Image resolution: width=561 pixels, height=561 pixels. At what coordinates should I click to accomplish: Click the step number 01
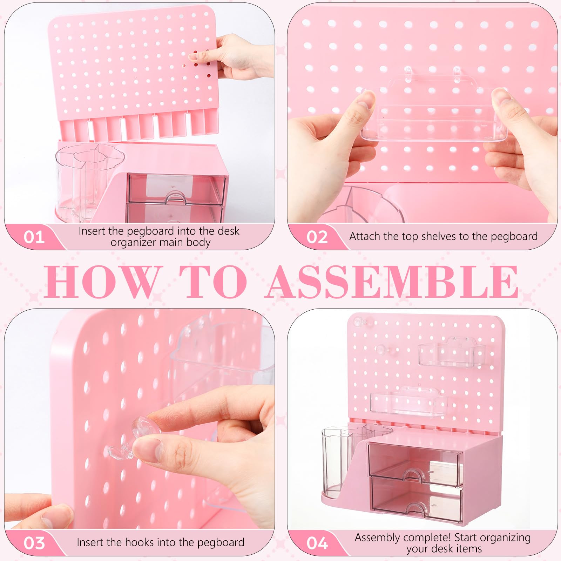[34, 237]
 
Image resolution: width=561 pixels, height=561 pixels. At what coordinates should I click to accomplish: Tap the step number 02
[317, 237]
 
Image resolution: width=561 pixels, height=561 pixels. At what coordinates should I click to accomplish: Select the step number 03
[34, 543]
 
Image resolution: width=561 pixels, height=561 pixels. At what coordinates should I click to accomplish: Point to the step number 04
[317, 543]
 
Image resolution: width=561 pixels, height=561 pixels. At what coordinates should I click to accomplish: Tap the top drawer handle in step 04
[414, 475]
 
